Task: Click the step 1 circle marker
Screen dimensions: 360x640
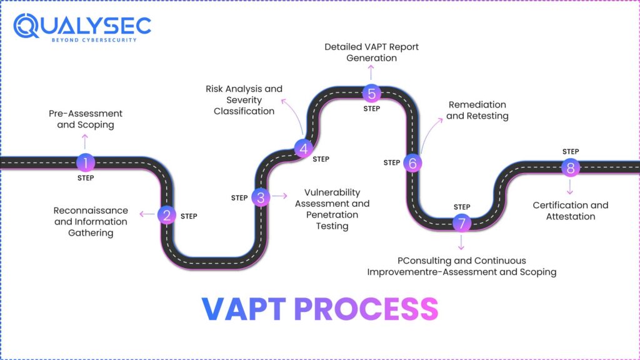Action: click(x=86, y=163)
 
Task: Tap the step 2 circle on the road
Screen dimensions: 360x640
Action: click(x=167, y=216)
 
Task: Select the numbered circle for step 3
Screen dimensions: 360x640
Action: click(x=261, y=197)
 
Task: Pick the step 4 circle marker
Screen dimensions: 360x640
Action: click(x=303, y=148)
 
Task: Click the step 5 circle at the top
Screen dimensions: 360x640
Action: click(x=371, y=94)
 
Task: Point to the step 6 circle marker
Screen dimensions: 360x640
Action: click(x=412, y=163)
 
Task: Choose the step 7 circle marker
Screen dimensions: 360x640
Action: click(x=462, y=222)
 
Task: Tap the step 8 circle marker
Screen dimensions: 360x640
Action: click(x=570, y=167)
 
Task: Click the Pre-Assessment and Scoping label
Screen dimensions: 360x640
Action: click(x=86, y=119)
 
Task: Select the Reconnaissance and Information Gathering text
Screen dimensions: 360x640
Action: click(x=91, y=221)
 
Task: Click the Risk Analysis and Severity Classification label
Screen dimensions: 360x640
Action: click(x=244, y=100)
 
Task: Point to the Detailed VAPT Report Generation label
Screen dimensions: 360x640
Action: click(x=371, y=52)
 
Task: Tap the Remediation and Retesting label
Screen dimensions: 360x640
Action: click(x=477, y=110)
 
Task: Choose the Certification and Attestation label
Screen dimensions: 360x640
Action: click(x=570, y=211)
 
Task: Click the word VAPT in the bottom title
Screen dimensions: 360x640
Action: click(x=244, y=309)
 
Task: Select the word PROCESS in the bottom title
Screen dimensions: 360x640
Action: click(x=366, y=309)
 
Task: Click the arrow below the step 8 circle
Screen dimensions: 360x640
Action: click(x=570, y=187)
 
